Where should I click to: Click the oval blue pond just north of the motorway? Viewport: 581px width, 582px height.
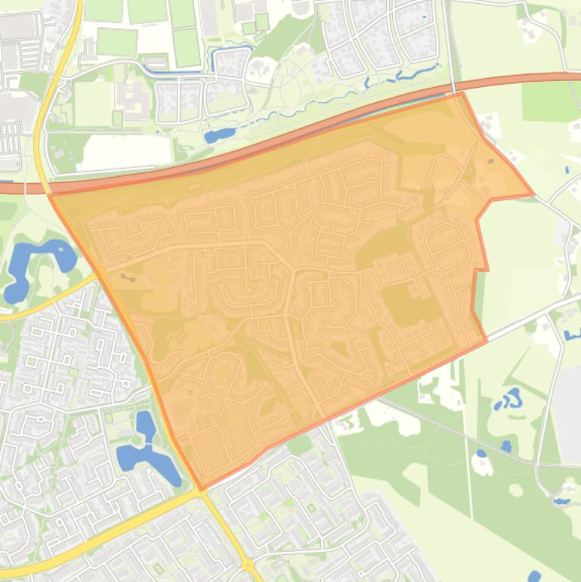[220, 136]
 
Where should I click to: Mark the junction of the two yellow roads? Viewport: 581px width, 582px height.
[201, 492]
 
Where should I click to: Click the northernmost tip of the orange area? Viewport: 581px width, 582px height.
[460, 93]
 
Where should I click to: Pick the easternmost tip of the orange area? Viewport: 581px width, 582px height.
[533, 194]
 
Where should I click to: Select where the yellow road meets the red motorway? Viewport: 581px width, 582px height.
[44, 185]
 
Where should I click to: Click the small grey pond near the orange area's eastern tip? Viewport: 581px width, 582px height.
[493, 161]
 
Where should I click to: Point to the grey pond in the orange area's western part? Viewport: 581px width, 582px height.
[125, 277]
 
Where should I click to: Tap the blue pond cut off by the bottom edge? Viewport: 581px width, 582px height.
[536, 577]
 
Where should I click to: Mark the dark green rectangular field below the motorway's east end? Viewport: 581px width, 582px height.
[551, 101]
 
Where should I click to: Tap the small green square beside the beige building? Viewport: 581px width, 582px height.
[117, 118]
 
